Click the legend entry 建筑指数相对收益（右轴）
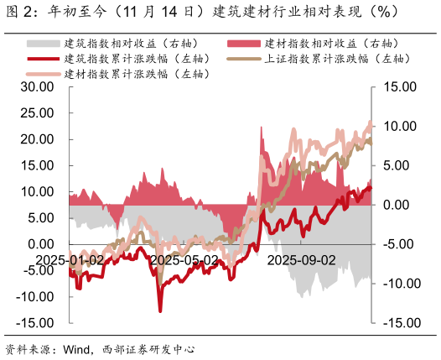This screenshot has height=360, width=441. [126, 43]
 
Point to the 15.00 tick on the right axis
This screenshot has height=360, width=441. [399, 86]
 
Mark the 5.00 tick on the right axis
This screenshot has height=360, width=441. [402, 165]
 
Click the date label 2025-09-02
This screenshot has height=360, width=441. [301, 260]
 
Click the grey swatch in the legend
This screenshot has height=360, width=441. [42, 43]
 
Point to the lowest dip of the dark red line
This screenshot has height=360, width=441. [160, 311]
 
